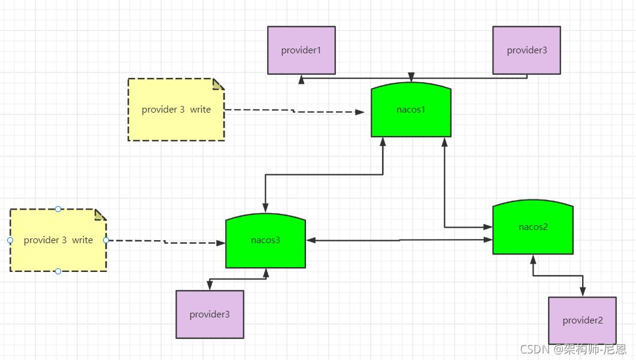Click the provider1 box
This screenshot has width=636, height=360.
tap(301, 50)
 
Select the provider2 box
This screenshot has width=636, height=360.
tap(582, 320)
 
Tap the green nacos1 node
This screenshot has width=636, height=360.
tap(411, 110)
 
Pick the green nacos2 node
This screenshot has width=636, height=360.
tap(533, 228)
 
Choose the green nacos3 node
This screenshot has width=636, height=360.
tap(265, 241)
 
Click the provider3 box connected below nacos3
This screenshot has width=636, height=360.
tap(210, 314)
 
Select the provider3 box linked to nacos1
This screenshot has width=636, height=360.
tap(526, 50)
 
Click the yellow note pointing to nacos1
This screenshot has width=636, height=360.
tap(176, 110)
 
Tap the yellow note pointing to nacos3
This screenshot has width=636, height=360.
tap(58, 240)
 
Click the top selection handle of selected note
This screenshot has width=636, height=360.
tap(58, 209)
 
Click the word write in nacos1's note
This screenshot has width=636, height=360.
tap(201, 110)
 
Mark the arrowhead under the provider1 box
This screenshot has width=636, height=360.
tap(302, 78)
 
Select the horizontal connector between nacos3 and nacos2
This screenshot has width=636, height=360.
tap(399, 240)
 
